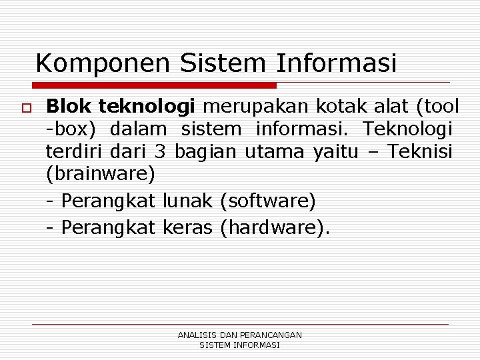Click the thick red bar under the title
pyautogui.click(x=155, y=86)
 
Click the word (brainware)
pyautogui.click(x=101, y=175)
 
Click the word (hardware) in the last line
pyautogui.click(x=274, y=228)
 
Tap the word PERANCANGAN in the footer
pyautogui.click(x=269, y=335)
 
